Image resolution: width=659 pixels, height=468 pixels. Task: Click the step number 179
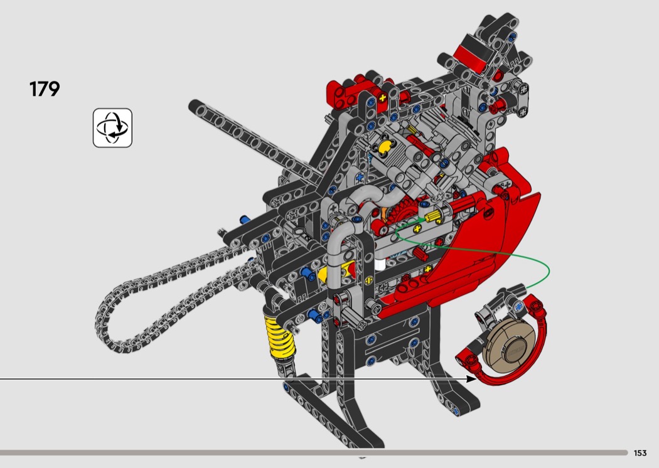click(45, 88)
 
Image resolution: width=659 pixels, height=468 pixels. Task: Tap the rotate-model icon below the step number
click(112, 128)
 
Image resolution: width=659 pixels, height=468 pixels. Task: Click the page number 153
click(640, 453)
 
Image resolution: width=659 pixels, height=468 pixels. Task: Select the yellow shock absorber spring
click(279, 338)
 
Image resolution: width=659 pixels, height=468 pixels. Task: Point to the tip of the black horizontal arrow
click(476, 379)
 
